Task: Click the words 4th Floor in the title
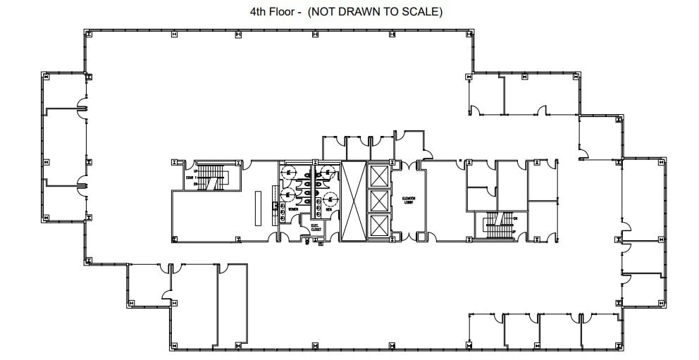point(271,12)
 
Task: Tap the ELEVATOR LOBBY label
point(409,201)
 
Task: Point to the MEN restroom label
point(328,209)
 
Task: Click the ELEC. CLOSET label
point(316,228)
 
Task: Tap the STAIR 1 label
point(190,178)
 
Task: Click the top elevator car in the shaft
point(378,175)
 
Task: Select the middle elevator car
point(378,201)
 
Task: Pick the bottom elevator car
point(378,226)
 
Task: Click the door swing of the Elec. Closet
point(308,240)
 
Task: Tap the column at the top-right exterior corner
point(470,33)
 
